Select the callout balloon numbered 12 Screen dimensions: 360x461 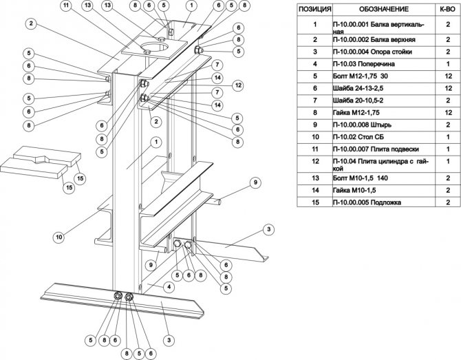tap(239, 85)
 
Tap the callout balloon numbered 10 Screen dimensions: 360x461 tap(59, 237)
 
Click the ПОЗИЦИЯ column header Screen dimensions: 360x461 tap(314, 10)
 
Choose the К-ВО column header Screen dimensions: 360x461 tap(444, 10)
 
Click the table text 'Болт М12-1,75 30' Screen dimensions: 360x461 tap(364, 76)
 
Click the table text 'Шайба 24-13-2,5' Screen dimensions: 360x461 tap(362, 89)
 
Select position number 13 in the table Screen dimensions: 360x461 tap(314, 177)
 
